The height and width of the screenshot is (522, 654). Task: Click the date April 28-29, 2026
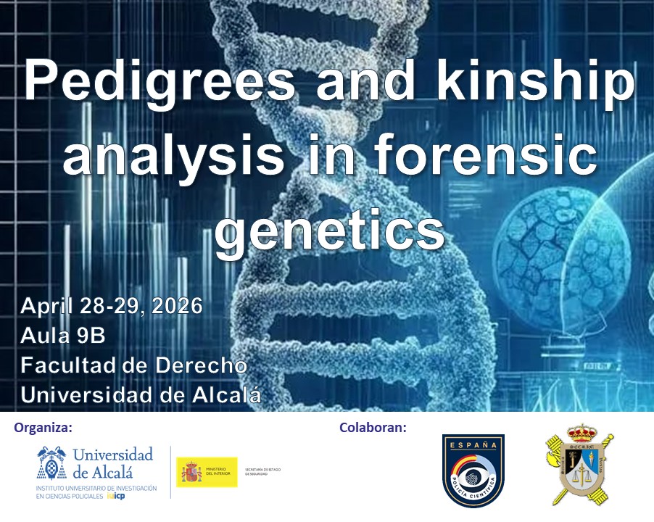click(111, 306)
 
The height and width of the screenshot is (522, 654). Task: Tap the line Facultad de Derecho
click(134, 365)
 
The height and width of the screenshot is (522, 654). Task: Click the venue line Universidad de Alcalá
click(141, 395)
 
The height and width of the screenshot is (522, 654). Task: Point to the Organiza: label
click(44, 428)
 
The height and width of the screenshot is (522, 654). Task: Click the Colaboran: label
click(373, 428)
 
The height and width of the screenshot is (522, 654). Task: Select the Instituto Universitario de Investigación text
click(96, 492)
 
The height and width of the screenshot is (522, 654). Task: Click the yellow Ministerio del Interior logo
click(207, 472)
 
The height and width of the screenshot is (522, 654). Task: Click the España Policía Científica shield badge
click(473, 471)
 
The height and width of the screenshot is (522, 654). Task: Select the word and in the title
click(357, 81)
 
